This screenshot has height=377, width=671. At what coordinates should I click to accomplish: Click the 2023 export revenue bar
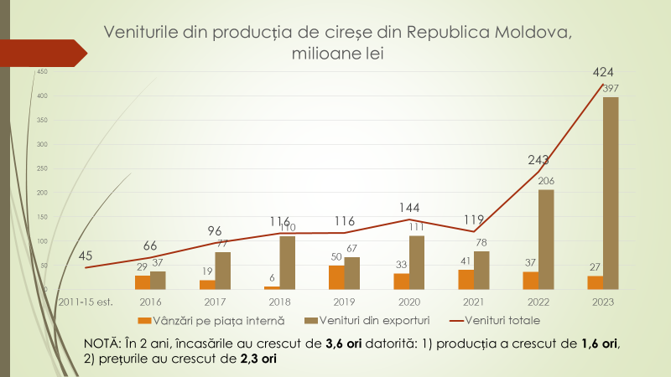point(611,194)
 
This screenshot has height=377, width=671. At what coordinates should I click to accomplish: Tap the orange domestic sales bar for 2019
point(335,277)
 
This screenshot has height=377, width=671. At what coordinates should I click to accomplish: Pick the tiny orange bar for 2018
point(272,287)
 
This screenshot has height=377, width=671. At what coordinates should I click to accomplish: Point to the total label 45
point(86,256)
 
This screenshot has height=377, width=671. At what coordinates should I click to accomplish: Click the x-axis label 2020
point(408,302)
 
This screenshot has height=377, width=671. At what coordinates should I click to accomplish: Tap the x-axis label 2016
point(151,302)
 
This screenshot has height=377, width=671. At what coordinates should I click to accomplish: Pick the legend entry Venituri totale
point(496,320)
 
